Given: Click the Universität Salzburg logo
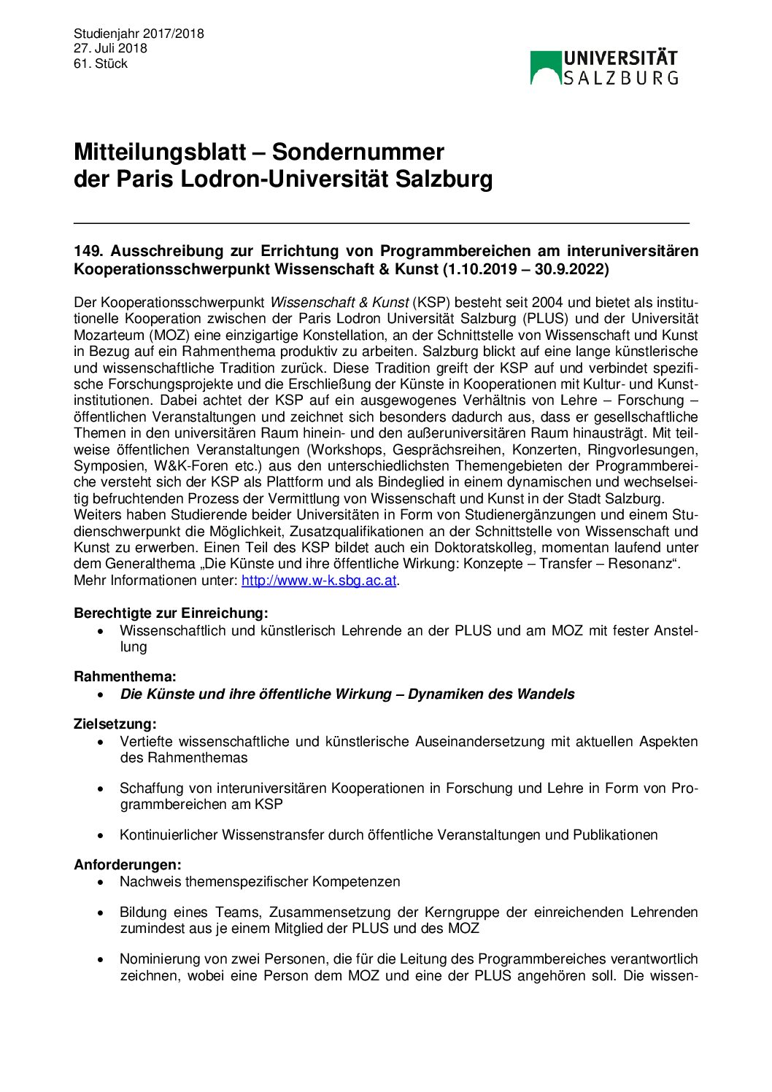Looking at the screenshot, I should (603, 67).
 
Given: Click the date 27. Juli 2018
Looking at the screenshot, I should (110, 48).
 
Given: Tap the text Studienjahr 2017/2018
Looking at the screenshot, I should (139, 34).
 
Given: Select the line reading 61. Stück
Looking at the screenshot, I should (101, 63).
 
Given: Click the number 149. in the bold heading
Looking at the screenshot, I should (90, 251).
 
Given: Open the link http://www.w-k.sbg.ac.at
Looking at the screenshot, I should (319, 581).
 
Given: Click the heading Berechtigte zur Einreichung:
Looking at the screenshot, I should (171, 613).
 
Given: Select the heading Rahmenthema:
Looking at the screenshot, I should (125, 677).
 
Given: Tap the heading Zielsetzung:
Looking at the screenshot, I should (115, 724).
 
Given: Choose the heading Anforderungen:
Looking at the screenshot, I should (128, 864).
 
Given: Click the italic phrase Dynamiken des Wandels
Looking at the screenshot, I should (491, 694).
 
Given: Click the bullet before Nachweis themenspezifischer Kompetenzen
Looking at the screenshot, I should (101, 882).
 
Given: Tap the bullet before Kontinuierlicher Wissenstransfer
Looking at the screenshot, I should (101, 835).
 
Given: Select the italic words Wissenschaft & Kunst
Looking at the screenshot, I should (339, 303).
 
